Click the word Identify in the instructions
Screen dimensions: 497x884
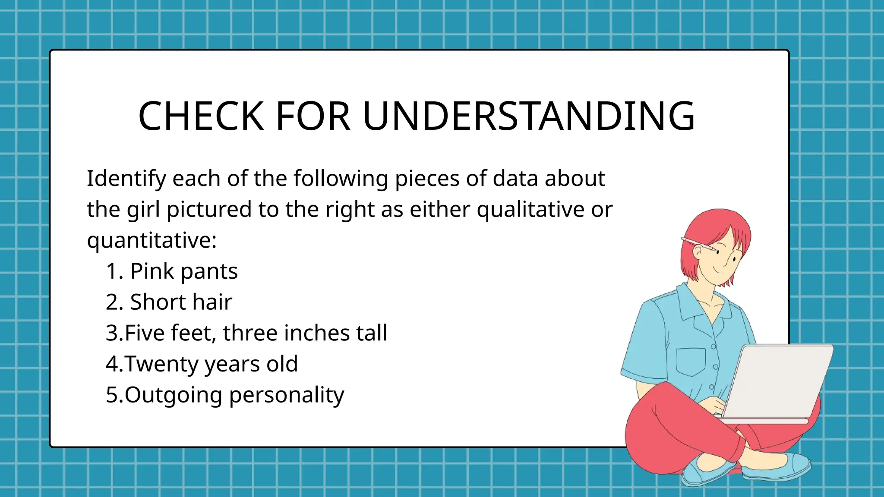click(126, 179)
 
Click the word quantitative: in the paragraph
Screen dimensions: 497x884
click(152, 240)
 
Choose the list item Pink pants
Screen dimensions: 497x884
click(184, 271)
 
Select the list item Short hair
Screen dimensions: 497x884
click(181, 302)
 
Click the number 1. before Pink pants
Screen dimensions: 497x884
click(115, 271)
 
